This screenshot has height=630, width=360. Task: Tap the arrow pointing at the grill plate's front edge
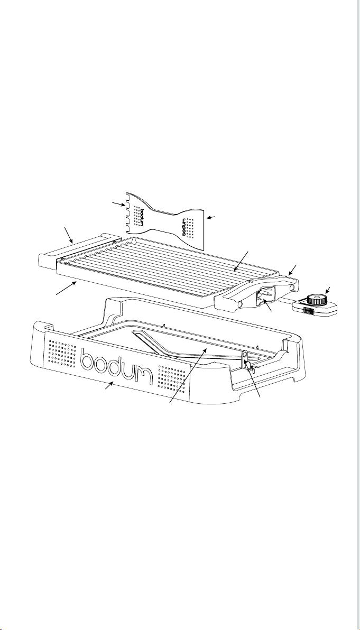(66, 289)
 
